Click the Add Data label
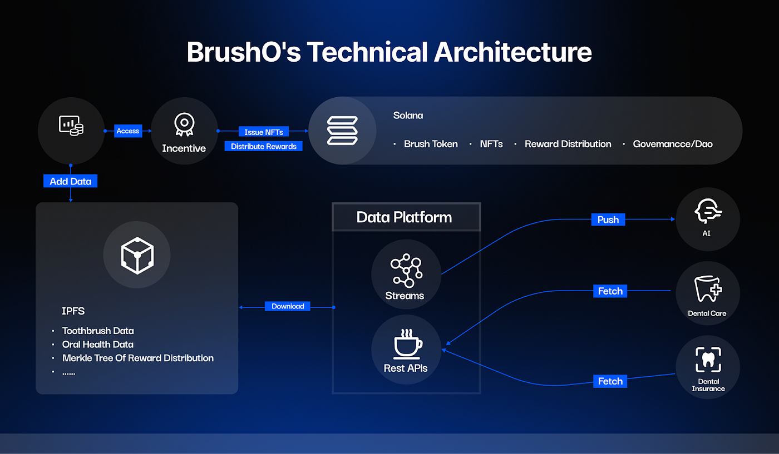[71, 181]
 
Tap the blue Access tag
[128, 131]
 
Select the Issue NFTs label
[264, 132]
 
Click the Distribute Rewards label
[264, 147]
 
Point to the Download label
[288, 306]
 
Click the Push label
[608, 219]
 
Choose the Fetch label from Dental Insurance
[610, 381]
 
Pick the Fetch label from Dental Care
[610, 291]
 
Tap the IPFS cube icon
[137, 256]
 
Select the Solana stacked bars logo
[342, 131]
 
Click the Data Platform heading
[404, 217]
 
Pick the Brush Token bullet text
[431, 144]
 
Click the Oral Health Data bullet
[98, 345]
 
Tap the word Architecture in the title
[512, 52]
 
